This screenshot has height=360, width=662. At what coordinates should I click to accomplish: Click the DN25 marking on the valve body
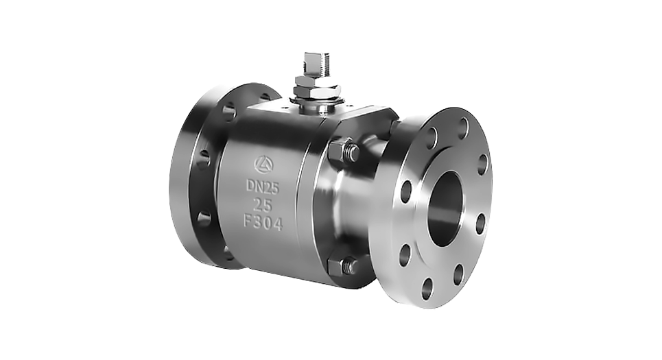click(x=263, y=187)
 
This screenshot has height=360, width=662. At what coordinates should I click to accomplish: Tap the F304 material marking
click(x=263, y=222)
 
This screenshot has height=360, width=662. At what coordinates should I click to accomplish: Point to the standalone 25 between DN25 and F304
click(x=262, y=205)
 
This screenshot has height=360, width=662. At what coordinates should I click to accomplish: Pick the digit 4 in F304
click(x=277, y=224)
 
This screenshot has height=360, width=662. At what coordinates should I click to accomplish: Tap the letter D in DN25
click(x=250, y=185)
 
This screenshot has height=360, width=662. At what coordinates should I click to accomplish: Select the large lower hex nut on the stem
click(x=318, y=91)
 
